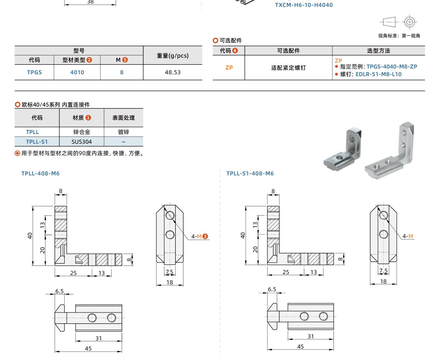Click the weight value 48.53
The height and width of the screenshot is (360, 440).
pyautogui.click(x=172, y=72)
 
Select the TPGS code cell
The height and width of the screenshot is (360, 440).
pyautogui.click(x=34, y=72)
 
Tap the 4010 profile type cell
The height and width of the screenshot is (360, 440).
pyautogui.click(x=77, y=72)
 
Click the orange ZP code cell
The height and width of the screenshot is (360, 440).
pyautogui.click(x=229, y=67)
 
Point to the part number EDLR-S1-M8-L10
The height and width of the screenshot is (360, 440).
pyautogui.click(x=378, y=74)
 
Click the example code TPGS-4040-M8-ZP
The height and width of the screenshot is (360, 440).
pyautogui.click(x=392, y=67)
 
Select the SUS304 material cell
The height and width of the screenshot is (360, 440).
pyautogui.click(x=82, y=142)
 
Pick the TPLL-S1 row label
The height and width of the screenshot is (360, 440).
pyautogui.click(x=37, y=142)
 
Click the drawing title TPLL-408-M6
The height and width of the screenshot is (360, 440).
pyautogui.click(x=40, y=173)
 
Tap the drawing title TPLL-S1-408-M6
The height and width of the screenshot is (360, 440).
pyautogui.click(x=250, y=173)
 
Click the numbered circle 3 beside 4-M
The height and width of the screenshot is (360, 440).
pyautogui.click(x=205, y=236)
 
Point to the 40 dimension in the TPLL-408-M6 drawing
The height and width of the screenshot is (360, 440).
pyautogui.click(x=30, y=236)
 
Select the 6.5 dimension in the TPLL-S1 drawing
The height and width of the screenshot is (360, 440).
pyautogui.click(x=272, y=289)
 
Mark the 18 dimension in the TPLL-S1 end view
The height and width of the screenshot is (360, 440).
pyautogui.click(x=383, y=281)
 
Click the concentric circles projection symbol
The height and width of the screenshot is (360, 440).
pyautogui.click(x=409, y=22)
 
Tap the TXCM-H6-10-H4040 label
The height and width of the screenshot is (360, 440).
pyautogui.click(x=304, y=5)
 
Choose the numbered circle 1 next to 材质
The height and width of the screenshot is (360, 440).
pyautogui.click(x=88, y=118)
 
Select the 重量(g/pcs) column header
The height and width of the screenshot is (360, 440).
pyautogui.click(x=172, y=55)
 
